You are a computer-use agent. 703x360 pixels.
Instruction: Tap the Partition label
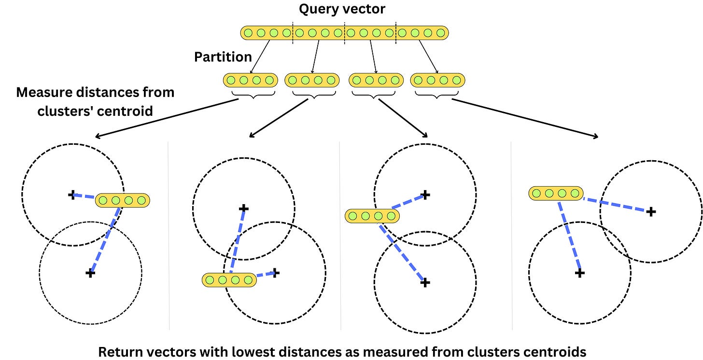(223, 57)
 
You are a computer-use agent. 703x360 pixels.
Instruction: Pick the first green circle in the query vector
(248, 33)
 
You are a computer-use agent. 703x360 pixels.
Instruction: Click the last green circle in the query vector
(440, 33)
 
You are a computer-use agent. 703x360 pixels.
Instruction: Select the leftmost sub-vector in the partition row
(250, 80)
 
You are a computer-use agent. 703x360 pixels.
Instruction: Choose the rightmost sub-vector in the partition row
(437, 80)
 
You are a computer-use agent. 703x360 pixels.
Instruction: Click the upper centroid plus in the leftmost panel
(72, 195)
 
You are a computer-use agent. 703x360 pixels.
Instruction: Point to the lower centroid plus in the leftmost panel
(90, 273)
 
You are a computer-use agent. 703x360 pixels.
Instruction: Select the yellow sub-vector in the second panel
(229, 279)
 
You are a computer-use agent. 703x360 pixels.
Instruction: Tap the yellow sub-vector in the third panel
(372, 216)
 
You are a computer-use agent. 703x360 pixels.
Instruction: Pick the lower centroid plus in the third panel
(425, 283)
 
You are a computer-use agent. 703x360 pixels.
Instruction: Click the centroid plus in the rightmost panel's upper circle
(651, 211)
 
